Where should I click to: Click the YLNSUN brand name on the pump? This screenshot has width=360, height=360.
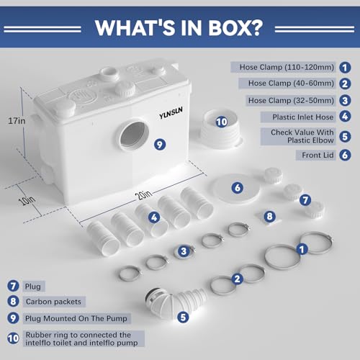pyautogui.click(x=171, y=113)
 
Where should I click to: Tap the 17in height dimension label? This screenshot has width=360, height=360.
pyautogui.click(x=17, y=121)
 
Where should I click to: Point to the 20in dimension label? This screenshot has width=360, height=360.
pyautogui.click(x=144, y=195)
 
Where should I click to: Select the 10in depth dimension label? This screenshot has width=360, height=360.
pyautogui.click(x=28, y=201)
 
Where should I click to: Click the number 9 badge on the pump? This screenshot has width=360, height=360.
pyautogui.click(x=160, y=145)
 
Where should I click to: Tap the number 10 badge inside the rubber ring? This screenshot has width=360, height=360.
pyautogui.click(x=222, y=122)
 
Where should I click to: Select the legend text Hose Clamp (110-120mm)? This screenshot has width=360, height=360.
pyautogui.click(x=287, y=67)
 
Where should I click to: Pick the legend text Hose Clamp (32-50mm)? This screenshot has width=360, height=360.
pyautogui.click(x=291, y=100)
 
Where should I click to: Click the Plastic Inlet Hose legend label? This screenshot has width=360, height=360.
pyautogui.click(x=303, y=117)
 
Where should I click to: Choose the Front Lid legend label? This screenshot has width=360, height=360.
pyautogui.click(x=318, y=156)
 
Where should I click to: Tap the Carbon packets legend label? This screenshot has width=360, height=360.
pyautogui.click(x=53, y=302)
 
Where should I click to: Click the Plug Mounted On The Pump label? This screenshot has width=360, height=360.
pyautogui.click(x=76, y=318)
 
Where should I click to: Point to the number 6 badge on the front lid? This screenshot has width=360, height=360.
pyautogui.click(x=238, y=187)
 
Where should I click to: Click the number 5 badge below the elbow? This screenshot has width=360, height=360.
pyautogui.click(x=183, y=317)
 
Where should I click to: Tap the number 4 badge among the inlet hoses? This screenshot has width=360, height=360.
pyautogui.click(x=154, y=217)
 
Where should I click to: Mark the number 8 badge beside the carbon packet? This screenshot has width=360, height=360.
pyautogui.click(x=269, y=216)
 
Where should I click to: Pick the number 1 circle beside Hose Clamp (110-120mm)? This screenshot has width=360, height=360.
pyautogui.click(x=345, y=68)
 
